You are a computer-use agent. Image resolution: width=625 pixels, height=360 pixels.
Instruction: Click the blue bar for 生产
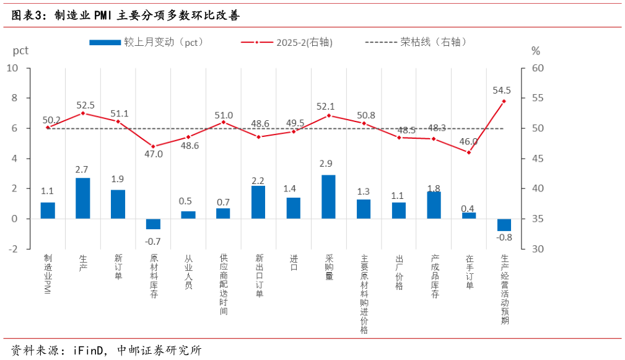[x=83, y=198]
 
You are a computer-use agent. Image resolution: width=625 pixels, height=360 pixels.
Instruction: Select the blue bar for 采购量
[x=328, y=197]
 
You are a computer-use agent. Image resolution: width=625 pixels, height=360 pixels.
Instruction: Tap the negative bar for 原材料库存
[x=153, y=224]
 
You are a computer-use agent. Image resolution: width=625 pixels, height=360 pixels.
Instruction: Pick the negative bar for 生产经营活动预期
[x=504, y=225]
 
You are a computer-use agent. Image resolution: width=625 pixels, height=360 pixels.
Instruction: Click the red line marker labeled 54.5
[x=504, y=101]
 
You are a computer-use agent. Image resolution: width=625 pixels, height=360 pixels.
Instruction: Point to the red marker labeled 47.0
[x=153, y=146]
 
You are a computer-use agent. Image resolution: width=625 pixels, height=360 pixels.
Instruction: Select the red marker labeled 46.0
[x=469, y=152]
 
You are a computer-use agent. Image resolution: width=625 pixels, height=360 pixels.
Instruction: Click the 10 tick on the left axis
[x=12, y=68]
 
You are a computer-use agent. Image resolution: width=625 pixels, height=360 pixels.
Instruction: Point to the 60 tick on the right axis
[x=538, y=68]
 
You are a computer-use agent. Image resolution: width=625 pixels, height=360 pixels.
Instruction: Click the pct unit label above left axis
[x=20, y=50]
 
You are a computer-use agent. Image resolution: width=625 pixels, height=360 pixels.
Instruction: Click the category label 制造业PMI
[x=48, y=274]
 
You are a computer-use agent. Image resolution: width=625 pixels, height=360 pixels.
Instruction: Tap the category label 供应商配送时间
[x=224, y=284]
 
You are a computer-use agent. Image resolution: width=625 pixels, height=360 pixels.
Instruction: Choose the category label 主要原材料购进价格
[x=364, y=294]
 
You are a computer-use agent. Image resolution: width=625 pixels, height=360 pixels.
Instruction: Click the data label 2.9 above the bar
[x=328, y=164]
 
